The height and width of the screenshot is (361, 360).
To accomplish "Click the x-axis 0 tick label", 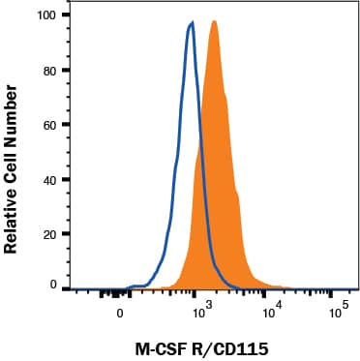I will coord(120,314).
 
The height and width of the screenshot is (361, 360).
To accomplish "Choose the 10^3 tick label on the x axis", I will coord(200,312).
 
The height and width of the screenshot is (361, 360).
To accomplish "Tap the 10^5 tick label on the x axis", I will coord(338,312).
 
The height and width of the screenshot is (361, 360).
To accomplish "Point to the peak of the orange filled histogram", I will coord(213,22).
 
